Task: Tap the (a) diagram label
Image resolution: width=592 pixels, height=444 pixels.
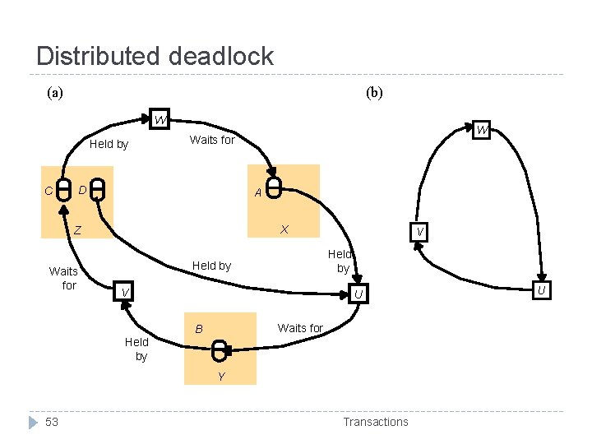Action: (x=54, y=93)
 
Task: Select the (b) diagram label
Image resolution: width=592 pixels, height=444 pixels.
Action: (x=374, y=93)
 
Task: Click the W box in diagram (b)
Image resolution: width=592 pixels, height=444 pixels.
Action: (x=482, y=130)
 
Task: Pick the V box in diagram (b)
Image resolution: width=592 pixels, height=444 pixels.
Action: (x=419, y=233)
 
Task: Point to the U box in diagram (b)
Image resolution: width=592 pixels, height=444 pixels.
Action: (x=541, y=289)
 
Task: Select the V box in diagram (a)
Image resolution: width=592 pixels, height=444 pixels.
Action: (x=123, y=293)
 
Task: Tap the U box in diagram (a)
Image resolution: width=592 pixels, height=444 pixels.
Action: (x=358, y=294)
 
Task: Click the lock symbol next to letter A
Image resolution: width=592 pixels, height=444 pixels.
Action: (x=275, y=188)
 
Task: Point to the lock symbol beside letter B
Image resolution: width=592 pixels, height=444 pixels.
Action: (x=219, y=352)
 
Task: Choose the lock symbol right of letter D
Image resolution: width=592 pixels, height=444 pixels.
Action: (x=98, y=189)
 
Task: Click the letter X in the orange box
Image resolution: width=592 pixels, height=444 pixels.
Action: (x=283, y=229)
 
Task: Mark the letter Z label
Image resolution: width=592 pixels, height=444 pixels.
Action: (x=77, y=231)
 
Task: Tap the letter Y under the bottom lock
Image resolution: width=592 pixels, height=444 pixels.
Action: (x=220, y=377)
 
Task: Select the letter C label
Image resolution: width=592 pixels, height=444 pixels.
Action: (x=49, y=192)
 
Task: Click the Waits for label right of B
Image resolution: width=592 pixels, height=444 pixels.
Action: (x=300, y=328)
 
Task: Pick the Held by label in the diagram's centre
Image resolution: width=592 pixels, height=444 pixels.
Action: (x=211, y=266)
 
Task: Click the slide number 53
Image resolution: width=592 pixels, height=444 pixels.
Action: (x=52, y=422)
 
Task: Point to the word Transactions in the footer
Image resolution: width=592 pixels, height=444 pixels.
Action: (x=375, y=422)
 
